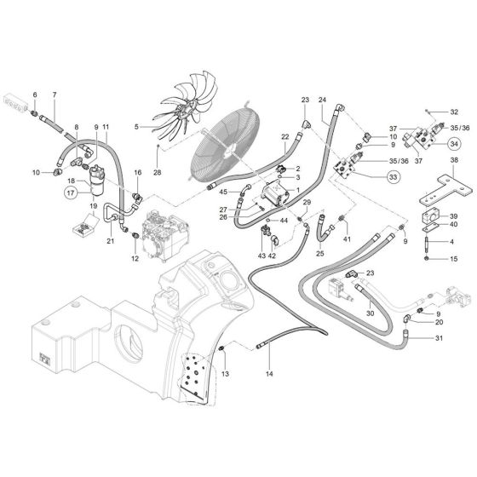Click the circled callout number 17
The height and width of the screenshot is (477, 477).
[71, 193]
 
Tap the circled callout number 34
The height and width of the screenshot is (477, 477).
[456, 143]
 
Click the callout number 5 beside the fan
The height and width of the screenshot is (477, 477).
[135, 128]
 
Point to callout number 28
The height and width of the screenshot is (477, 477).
[158, 173]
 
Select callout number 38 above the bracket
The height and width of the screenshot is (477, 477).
[454, 160]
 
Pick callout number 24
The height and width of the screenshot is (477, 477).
[323, 100]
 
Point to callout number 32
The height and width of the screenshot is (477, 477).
[455, 112]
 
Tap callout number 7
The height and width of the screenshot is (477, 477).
[54, 94]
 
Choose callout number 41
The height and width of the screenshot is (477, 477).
[347, 239]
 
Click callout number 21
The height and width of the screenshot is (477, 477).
[111, 241]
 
